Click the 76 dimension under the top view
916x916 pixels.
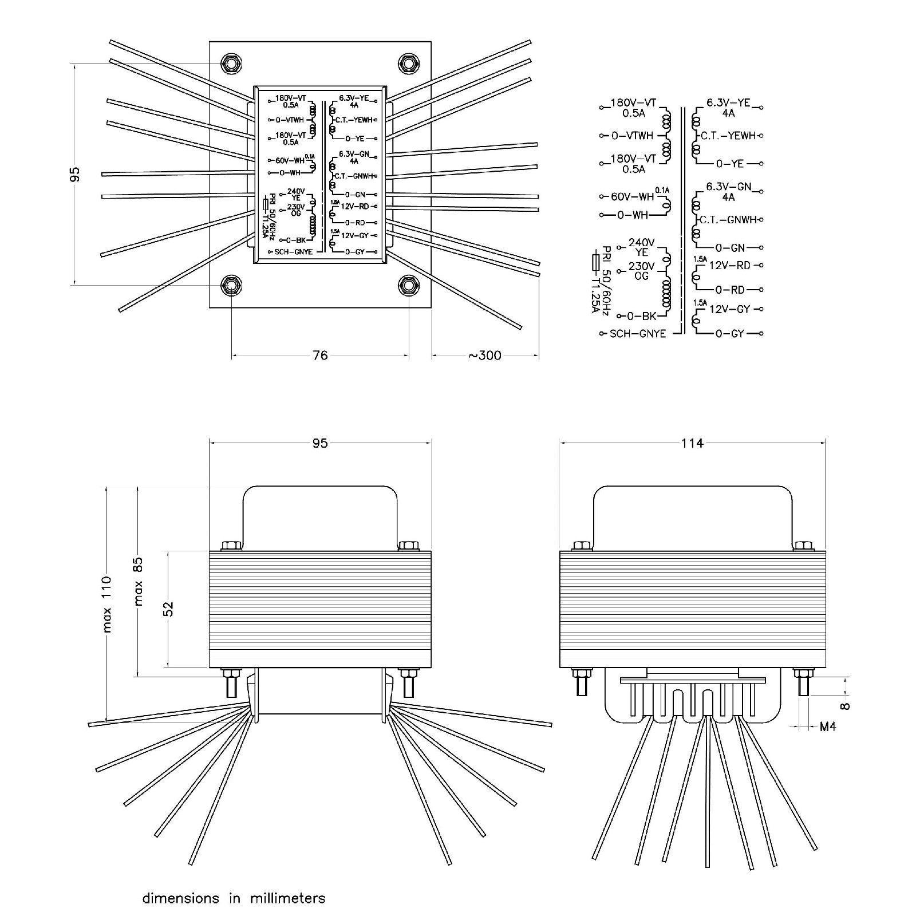coord(320,356)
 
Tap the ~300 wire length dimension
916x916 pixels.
coord(485,356)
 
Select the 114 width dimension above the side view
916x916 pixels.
coord(692,443)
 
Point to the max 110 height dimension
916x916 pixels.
coord(107,605)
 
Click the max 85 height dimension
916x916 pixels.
coord(139,582)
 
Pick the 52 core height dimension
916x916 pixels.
coord(168,609)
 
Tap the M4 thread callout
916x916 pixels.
coord(828,727)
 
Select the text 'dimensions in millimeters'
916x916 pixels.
coord(234,898)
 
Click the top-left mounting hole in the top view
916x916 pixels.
coord(231,63)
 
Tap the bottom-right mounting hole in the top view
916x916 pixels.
coord(409,285)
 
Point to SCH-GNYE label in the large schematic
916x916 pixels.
coord(638,333)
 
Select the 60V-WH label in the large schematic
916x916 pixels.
coord(632,197)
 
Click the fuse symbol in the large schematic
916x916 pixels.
coord(597,263)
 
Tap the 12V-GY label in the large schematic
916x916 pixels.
coord(729,309)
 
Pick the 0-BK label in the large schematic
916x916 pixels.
coord(641,316)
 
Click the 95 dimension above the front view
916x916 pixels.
coord(319,443)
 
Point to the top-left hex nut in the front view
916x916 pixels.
coord(231,544)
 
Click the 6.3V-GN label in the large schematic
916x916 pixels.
coord(728,187)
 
